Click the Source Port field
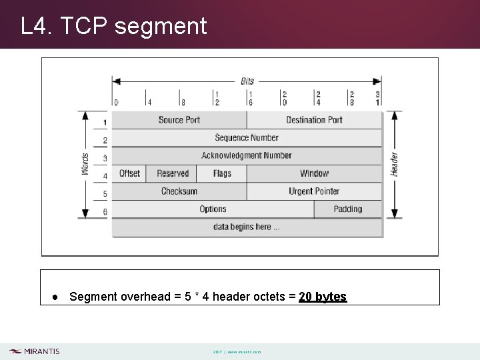pyautogui.click(x=179, y=120)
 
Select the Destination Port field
pyautogui.click(x=314, y=120)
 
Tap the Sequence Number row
pyautogui.click(x=247, y=138)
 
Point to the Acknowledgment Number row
pyautogui.click(x=247, y=155)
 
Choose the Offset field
pyautogui.click(x=129, y=173)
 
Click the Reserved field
pyautogui.click(x=173, y=173)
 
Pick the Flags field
pyautogui.click(x=222, y=173)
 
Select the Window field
pyautogui.click(x=314, y=173)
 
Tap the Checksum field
pyautogui.click(x=179, y=191)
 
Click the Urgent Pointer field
pyautogui.click(x=314, y=191)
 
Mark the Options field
pyautogui.click(x=213, y=209)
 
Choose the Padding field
pyautogui.click(x=347, y=209)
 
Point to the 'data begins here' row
pyautogui.click(x=247, y=227)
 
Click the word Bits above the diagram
pyautogui.click(x=247, y=81)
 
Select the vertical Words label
pyautogui.click(x=85, y=164)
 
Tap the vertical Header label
pyautogui.click(x=394, y=164)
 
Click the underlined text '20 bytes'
pyautogui.click(x=323, y=297)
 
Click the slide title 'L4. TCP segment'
pyautogui.click(x=114, y=27)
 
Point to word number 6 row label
pyautogui.click(x=105, y=212)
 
